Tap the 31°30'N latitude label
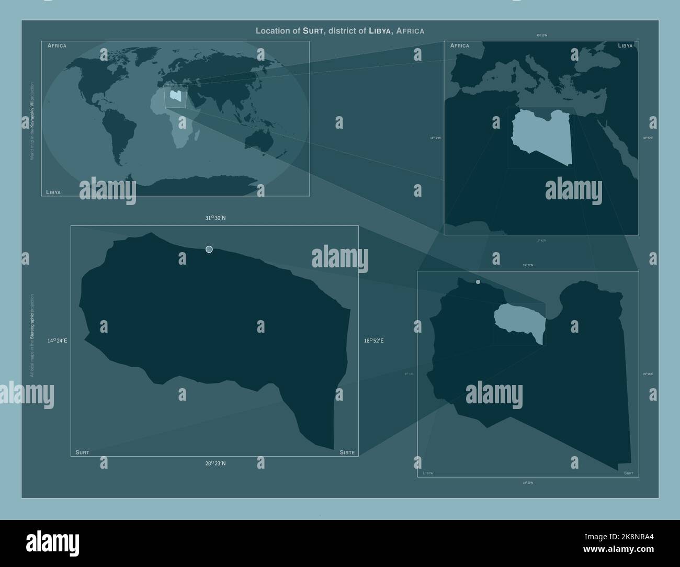(215, 218)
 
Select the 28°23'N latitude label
(215, 463)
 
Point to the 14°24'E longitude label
(57, 341)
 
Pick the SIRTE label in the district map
(347, 452)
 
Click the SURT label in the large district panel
(82, 452)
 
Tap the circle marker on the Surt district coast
(209, 249)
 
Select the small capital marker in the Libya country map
(478, 282)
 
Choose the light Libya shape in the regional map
(541, 136)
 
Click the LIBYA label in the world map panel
(53, 192)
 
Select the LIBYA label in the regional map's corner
(625, 46)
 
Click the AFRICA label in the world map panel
(56, 46)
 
